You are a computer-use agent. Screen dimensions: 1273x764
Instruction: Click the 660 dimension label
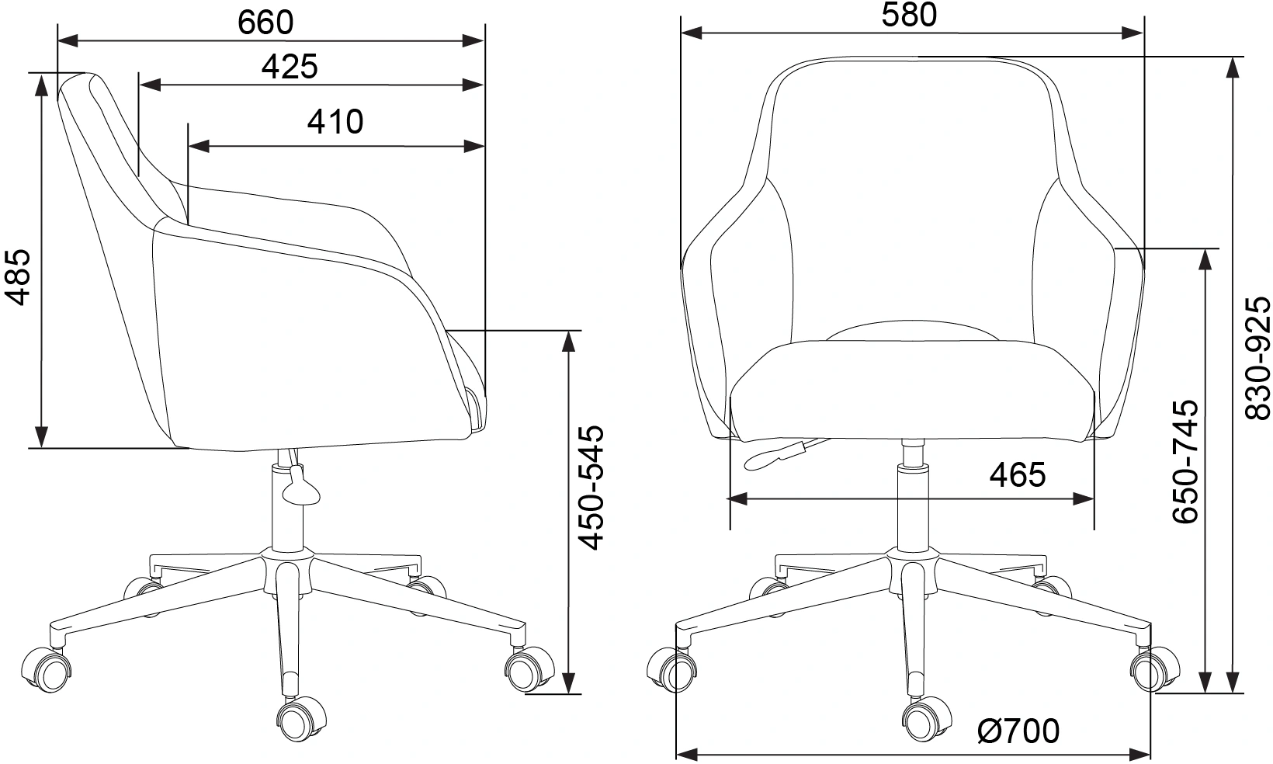pyautogui.click(x=265, y=23)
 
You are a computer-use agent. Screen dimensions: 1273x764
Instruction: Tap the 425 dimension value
pyautogui.click(x=290, y=67)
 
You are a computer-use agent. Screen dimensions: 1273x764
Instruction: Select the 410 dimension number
pyautogui.click(x=335, y=122)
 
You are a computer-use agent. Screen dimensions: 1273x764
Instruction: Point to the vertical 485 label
pyautogui.click(x=17, y=277)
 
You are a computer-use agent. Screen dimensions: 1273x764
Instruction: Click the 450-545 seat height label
pyautogui.click(x=591, y=487)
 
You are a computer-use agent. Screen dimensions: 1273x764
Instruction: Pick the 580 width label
pyautogui.click(x=909, y=15)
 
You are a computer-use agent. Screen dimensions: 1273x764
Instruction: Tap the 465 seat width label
pyautogui.click(x=1018, y=474)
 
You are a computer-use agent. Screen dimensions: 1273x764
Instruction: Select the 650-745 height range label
pyautogui.click(x=1185, y=461)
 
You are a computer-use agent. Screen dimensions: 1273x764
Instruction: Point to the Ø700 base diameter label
pyautogui.click(x=1018, y=731)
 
